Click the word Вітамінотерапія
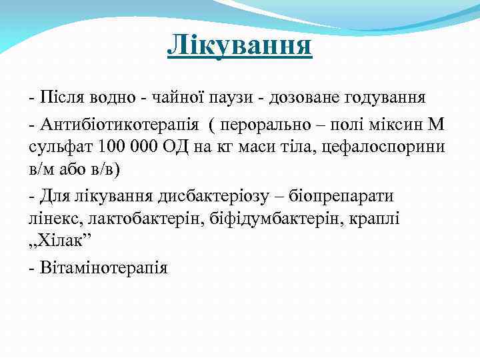pyautogui.click(x=103, y=267)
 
